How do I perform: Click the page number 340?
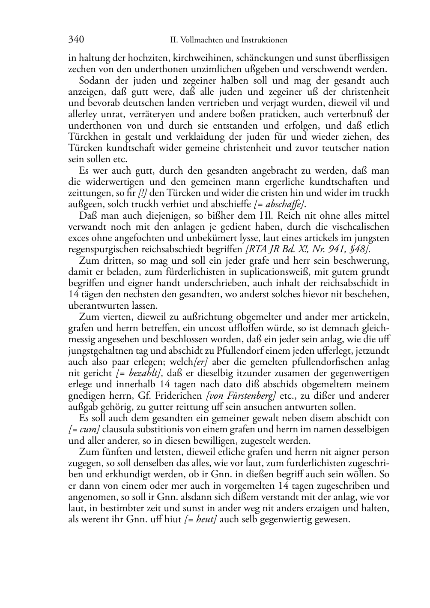pos(76,40)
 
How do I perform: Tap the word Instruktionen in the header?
pos(266,40)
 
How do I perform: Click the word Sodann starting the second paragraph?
pos(93,81)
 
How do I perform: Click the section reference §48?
pos(358,250)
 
